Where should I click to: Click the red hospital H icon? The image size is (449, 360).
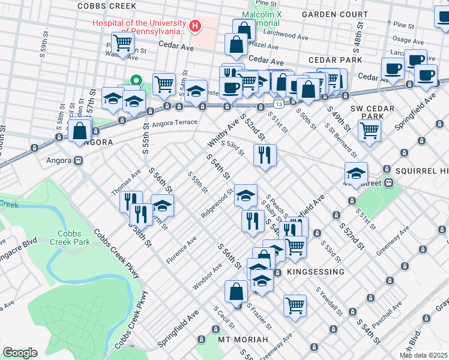click(194, 26)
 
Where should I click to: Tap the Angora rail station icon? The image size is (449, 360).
click(78, 161)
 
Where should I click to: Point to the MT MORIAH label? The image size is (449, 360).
click(243, 340)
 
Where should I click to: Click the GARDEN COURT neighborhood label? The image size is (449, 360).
click(335, 13)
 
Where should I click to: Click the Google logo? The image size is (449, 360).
click(20, 353)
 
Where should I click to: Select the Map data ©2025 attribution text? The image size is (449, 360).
click(423, 355)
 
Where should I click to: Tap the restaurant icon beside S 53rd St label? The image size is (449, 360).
click(265, 155)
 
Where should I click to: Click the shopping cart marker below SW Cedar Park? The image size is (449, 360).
click(370, 129)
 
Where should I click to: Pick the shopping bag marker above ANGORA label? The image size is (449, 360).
click(79, 130)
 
